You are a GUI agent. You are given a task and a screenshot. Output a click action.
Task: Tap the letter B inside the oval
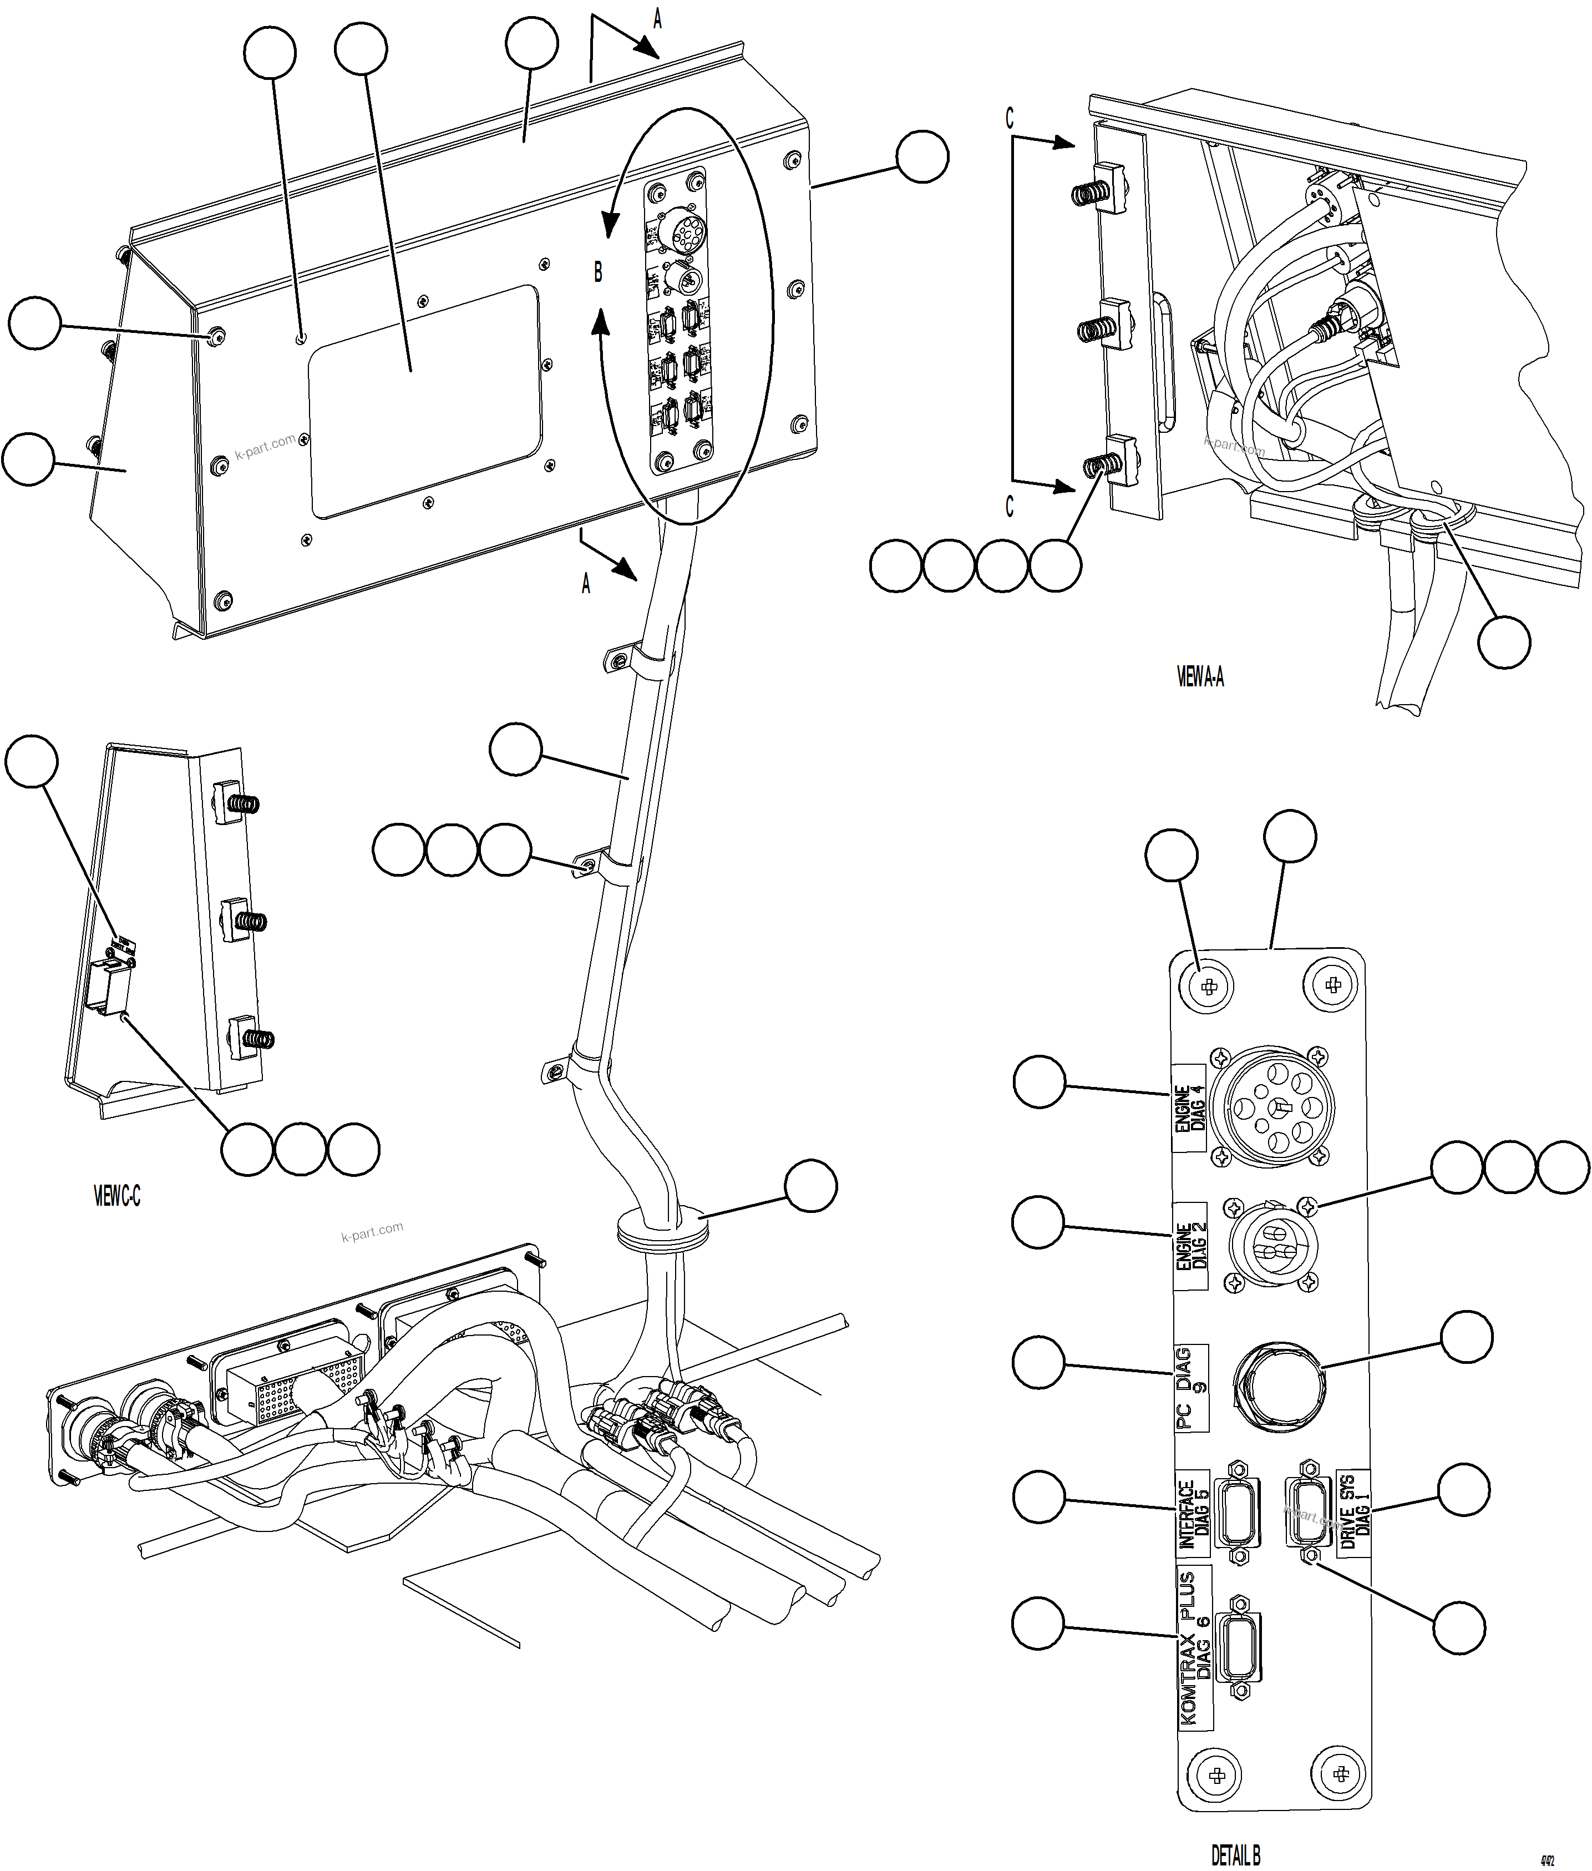click(x=597, y=272)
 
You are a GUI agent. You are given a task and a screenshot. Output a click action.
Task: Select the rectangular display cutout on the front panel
click(x=424, y=402)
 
